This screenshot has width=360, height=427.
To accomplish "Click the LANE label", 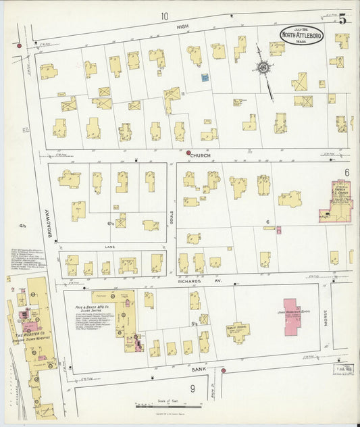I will coord(109,247).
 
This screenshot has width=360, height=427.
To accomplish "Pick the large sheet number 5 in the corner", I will coord(342,18).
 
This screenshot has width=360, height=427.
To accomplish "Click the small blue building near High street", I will coord(204,78).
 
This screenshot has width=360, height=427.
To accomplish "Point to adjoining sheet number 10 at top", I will coord(164,15).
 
